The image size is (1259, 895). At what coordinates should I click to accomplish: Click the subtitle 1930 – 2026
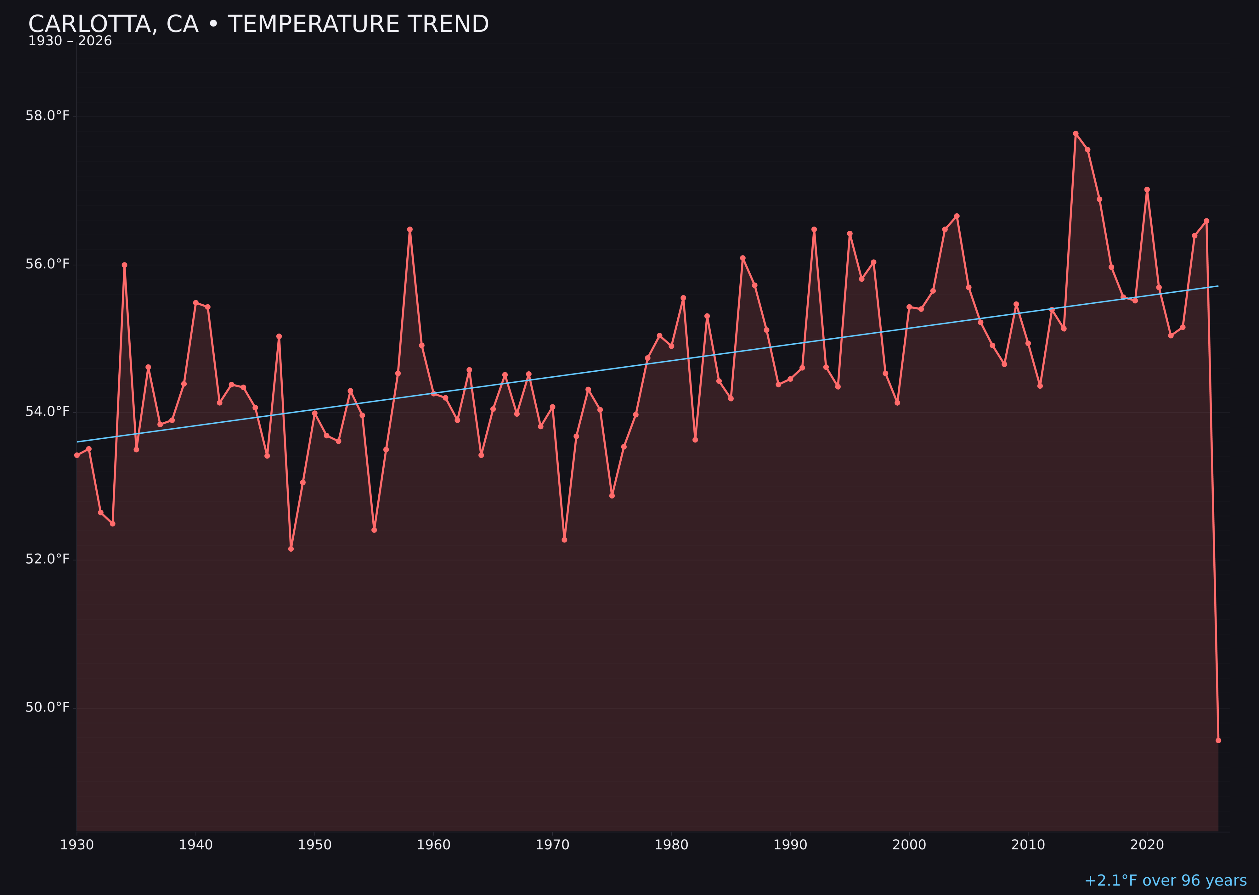pos(70,41)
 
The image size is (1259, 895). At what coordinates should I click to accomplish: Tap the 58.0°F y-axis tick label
pos(48,116)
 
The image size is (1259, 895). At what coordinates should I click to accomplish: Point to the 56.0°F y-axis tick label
pos(48,264)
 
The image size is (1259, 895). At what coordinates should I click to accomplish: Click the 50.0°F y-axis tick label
pos(48,707)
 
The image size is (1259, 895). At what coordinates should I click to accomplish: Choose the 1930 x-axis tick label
pos(76,845)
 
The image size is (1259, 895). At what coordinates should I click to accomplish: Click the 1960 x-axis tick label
pos(433,845)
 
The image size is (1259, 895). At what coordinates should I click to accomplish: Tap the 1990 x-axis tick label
pos(790,845)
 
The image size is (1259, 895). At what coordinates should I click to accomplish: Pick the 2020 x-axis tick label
pos(1147,845)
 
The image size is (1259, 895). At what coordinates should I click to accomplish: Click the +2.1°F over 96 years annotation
pos(1165,881)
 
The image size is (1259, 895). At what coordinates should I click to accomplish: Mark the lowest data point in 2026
pos(1218,740)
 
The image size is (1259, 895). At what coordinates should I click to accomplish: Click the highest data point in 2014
pos(1076,133)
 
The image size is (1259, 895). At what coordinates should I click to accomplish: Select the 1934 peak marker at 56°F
pos(125,265)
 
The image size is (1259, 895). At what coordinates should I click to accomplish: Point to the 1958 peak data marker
pos(409,229)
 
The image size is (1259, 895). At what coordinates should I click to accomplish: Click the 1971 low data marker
pos(564,539)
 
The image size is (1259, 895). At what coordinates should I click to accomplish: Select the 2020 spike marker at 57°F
pos(1147,189)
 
